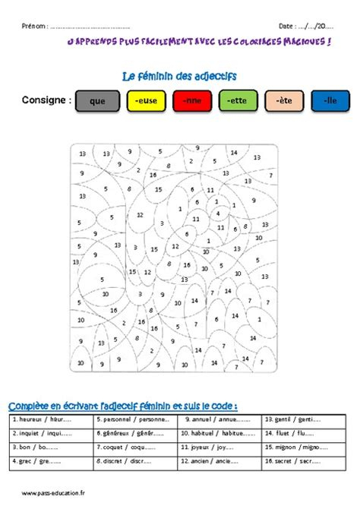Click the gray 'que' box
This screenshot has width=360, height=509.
coord(96,101)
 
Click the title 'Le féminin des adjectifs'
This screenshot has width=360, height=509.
coord(179,76)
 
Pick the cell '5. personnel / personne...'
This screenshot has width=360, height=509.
coord(134,419)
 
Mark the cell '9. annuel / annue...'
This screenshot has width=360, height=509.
coord(219,419)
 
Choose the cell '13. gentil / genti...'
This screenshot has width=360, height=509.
coord(304,419)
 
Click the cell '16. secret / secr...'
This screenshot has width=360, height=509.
coord(304,460)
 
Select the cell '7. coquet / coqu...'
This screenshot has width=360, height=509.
coord(134,446)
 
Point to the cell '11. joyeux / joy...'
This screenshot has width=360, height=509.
coord(219,446)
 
